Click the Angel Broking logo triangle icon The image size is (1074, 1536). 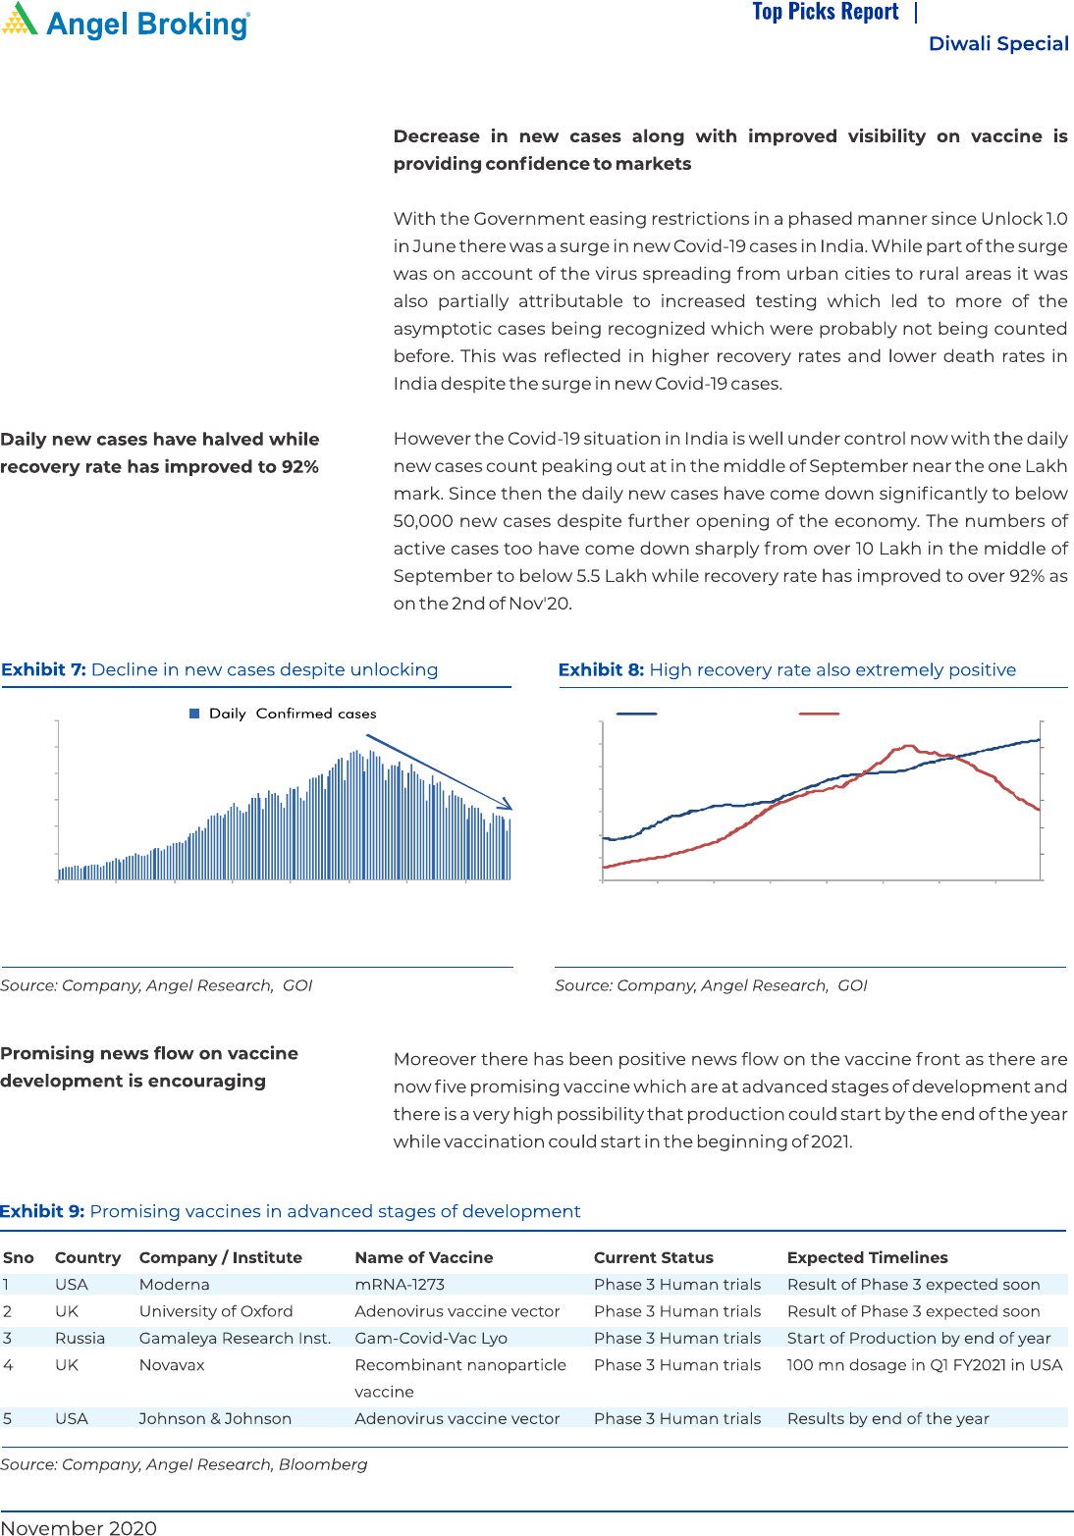[21, 20]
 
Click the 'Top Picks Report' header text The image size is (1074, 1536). [825, 12]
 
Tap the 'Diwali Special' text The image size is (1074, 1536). [997, 43]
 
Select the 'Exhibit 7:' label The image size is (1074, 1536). [43, 669]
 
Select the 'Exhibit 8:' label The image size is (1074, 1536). [601, 669]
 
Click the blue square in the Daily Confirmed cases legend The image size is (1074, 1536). [194, 714]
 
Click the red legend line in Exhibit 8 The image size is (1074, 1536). [819, 714]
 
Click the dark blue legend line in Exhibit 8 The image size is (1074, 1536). [636, 714]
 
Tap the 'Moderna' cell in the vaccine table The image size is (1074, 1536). [174, 1284]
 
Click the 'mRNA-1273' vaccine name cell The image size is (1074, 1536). [400, 1284]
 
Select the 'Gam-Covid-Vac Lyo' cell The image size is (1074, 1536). [431, 1338]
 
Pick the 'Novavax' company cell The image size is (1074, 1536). [172, 1364]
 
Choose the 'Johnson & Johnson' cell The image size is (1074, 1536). [215, 1418]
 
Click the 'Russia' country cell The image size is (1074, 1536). [80, 1338]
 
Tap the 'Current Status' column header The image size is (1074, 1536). [653, 1257]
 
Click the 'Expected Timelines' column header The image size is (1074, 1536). [867, 1257]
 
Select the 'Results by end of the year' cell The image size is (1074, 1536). [887, 1418]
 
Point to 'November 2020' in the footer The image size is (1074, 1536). [79, 1527]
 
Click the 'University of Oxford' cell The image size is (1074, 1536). [216, 1311]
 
